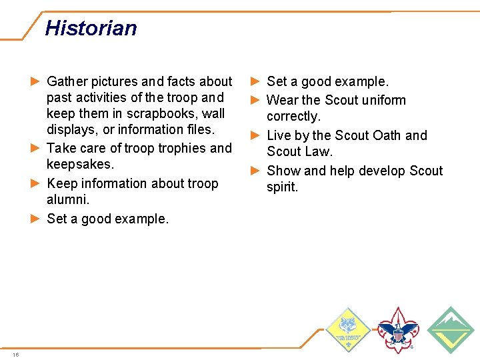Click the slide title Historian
click(91, 28)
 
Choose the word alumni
click(67, 199)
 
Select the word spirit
click(283, 187)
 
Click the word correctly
click(293, 116)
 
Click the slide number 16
click(15, 354)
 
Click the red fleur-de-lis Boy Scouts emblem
click(398, 329)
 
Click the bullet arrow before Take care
click(35, 148)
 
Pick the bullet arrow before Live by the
click(255, 135)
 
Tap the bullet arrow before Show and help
click(255, 171)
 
